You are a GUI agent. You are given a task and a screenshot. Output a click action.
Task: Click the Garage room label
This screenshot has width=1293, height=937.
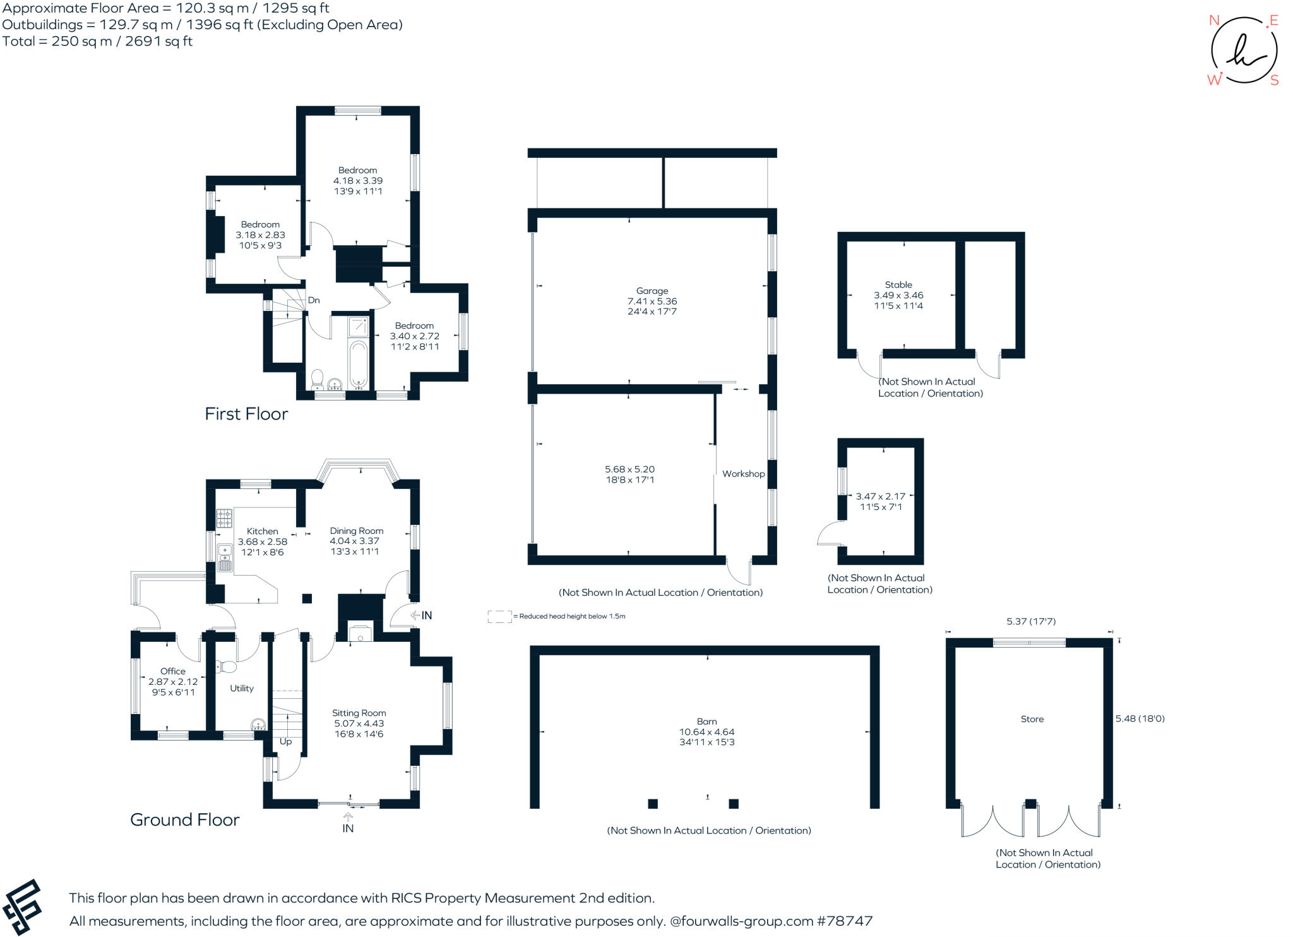click(x=652, y=291)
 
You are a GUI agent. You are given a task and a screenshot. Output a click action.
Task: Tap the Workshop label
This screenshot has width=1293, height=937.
click(x=743, y=474)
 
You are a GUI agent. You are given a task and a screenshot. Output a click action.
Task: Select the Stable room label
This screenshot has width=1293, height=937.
click(x=898, y=285)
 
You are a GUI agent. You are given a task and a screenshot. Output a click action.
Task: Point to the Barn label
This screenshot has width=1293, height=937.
click(x=707, y=722)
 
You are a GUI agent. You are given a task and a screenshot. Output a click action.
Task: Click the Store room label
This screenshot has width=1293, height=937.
click(x=1032, y=719)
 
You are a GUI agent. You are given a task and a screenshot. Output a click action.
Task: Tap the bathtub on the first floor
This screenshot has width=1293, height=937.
click(x=358, y=364)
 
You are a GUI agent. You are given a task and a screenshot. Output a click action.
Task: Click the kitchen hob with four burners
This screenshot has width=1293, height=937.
click(x=224, y=518)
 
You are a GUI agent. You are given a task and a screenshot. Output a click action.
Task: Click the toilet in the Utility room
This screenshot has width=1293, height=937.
click(x=225, y=667)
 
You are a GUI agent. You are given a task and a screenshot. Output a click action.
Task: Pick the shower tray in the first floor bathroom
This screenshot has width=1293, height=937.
click(x=359, y=327)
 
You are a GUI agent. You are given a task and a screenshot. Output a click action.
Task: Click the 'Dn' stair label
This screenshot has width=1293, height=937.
click(x=314, y=300)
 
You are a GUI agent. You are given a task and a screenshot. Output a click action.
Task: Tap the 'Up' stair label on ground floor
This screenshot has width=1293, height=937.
click(x=285, y=742)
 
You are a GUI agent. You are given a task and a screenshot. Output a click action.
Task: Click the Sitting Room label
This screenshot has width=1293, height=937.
click(x=359, y=713)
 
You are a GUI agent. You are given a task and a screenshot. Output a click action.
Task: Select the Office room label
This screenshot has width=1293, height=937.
click(x=173, y=671)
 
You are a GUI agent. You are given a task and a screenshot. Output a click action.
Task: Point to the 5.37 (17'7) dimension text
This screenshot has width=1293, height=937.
click(x=1031, y=622)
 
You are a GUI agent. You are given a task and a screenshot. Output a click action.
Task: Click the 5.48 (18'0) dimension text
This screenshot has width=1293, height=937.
click(x=1140, y=718)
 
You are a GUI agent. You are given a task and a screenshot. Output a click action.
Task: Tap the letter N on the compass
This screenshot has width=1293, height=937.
click(x=1213, y=20)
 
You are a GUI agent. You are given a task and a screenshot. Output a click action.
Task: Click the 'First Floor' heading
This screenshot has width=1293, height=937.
click(x=246, y=414)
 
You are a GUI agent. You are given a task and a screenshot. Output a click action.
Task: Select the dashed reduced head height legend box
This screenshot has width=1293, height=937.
click(x=499, y=617)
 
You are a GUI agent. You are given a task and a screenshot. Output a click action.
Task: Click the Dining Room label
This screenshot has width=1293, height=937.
click(x=356, y=531)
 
